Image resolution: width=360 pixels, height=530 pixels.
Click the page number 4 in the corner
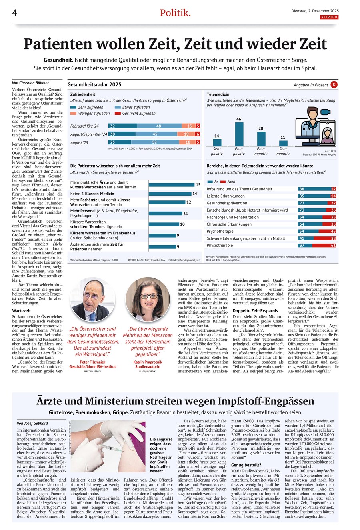coord(14,13)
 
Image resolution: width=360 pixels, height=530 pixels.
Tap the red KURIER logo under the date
coord(329,17)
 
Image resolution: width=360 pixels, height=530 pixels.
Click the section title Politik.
coord(175,13)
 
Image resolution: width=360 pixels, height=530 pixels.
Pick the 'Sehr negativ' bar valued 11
coord(283,143)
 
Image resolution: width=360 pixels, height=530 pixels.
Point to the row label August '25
coord(80,142)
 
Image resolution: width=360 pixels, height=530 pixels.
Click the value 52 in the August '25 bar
coord(154,142)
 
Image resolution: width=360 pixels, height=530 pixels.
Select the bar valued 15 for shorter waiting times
coord(172,185)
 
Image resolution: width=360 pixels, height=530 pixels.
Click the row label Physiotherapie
coord(220,245)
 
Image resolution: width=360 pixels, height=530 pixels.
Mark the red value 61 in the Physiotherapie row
coord(333,245)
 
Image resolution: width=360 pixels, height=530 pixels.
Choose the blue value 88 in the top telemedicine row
coord(302,189)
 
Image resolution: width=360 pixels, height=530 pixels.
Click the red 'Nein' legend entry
coord(228,182)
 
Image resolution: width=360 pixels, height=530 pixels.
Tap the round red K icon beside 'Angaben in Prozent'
coord(334,84)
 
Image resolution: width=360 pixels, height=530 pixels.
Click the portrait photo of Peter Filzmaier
coord(92,299)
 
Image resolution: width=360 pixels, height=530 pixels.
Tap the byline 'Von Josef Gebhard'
coord(32,423)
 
